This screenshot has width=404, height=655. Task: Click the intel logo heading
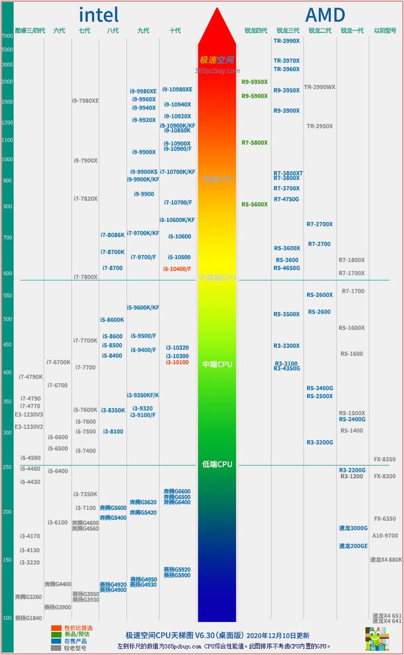(x=98, y=15)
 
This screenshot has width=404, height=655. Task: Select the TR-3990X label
(x=287, y=40)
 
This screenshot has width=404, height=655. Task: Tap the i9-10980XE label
(x=177, y=90)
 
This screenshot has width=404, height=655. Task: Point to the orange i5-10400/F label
(x=177, y=269)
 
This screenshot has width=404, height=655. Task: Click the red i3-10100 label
(x=177, y=362)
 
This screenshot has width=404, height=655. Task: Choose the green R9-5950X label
(x=254, y=82)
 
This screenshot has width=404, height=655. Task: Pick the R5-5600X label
(x=254, y=204)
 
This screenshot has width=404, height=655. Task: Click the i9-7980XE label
(x=85, y=101)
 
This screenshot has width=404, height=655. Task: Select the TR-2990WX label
(x=320, y=87)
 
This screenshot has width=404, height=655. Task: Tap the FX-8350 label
(x=384, y=459)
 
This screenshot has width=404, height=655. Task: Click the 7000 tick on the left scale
(x=7, y=36)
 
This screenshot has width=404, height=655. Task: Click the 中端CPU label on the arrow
(x=217, y=365)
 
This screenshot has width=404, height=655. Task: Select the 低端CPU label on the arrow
(x=217, y=464)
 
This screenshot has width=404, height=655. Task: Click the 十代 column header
(x=175, y=30)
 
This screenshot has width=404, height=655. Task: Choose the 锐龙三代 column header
(x=287, y=30)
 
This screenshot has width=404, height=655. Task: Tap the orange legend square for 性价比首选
(x=56, y=628)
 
